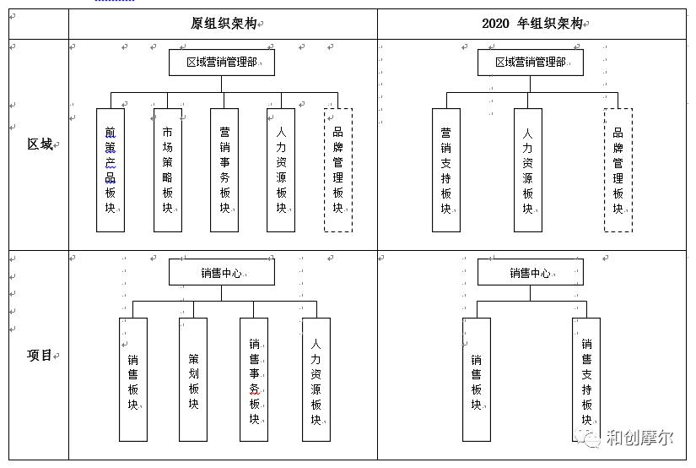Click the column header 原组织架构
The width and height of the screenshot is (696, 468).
[x=224, y=24]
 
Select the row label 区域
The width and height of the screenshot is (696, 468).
[x=39, y=144]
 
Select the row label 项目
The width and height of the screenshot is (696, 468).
[x=39, y=356]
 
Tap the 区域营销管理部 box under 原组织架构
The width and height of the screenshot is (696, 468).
[x=222, y=63]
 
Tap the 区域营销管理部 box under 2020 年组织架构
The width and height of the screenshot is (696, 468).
[x=531, y=63]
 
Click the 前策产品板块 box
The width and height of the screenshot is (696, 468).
[x=111, y=170]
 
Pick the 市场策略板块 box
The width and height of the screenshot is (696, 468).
[x=168, y=170]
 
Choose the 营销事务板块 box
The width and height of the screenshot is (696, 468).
[x=224, y=170]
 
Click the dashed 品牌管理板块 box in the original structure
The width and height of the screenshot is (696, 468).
[x=338, y=170]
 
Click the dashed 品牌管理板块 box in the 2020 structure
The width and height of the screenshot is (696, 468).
[x=618, y=170]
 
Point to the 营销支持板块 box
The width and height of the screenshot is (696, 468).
[x=446, y=170]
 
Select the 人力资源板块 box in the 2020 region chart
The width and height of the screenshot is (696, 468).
[x=528, y=170]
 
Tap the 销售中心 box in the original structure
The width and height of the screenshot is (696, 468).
[x=222, y=273]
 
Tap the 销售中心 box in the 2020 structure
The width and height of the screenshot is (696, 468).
[x=531, y=273]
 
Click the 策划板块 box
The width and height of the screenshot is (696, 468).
[x=193, y=379]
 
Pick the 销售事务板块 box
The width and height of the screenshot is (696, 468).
[x=254, y=379]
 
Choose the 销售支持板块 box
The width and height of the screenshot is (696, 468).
[x=586, y=379]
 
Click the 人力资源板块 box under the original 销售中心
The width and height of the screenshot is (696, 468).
[x=316, y=379]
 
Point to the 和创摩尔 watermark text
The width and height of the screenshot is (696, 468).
[x=639, y=438]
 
